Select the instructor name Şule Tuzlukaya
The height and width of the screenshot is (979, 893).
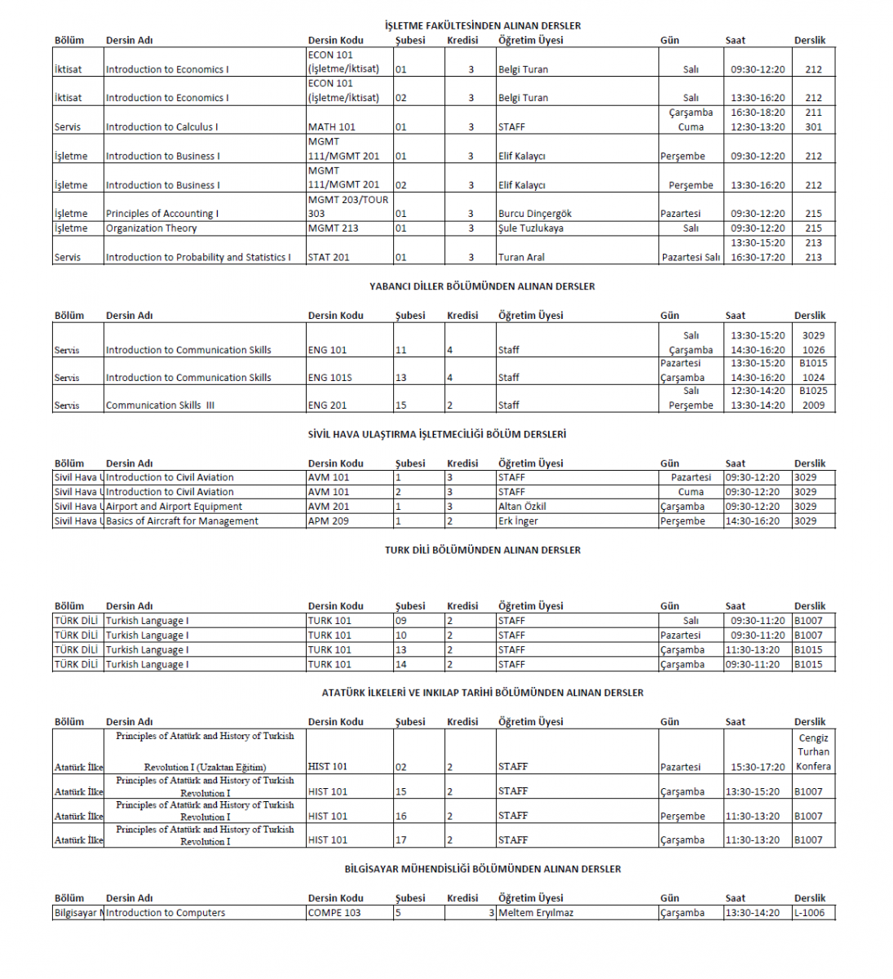531,228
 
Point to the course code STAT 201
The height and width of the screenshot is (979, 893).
329,258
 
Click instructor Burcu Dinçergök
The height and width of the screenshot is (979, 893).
535,214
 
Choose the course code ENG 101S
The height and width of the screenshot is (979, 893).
329,378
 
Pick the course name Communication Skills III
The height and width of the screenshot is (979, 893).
160,405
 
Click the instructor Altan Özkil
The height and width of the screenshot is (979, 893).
522,507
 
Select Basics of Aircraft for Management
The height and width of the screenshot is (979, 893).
182,521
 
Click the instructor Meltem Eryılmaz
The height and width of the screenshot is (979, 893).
536,913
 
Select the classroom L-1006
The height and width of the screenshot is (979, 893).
809,913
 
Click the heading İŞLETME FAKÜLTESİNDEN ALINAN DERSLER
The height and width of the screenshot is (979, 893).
483,25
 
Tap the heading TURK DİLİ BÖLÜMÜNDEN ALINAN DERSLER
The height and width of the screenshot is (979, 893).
483,550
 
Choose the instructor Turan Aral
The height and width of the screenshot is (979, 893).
521,258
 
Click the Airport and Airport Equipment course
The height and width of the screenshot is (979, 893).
174,507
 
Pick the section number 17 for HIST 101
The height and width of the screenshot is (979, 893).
400,840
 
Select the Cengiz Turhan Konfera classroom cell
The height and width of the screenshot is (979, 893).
813,752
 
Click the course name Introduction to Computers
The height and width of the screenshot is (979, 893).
166,913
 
